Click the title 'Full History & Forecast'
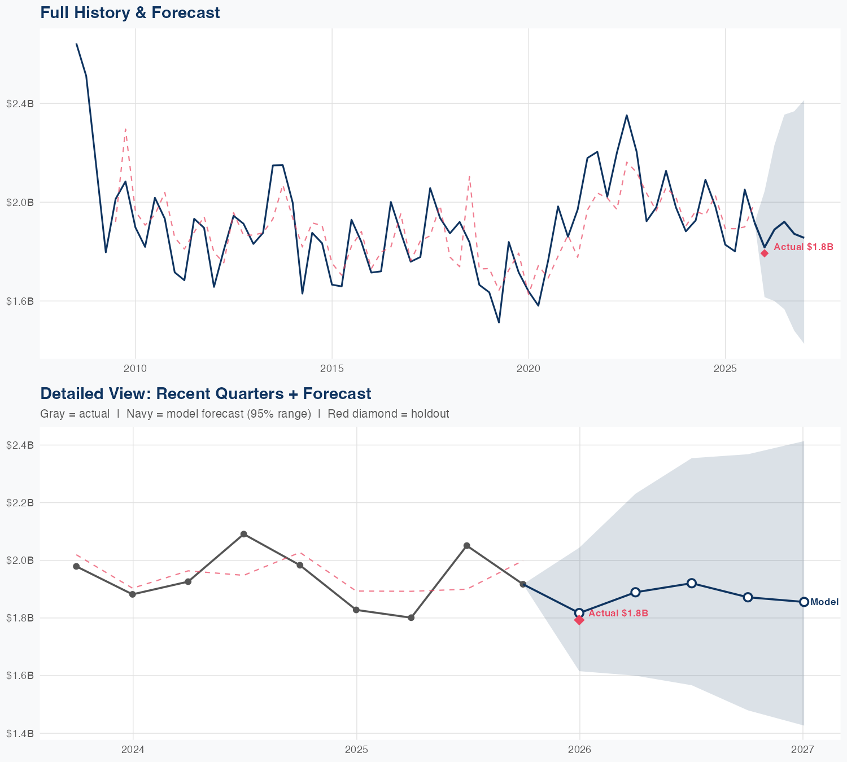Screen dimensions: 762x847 (130, 12)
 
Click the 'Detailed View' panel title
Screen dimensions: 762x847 (206, 393)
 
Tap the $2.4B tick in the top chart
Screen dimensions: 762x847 (20, 103)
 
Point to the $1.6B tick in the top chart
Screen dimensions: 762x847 (20, 301)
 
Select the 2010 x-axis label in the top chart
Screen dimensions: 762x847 (135, 369)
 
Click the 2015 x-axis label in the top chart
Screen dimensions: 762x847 (331, 369)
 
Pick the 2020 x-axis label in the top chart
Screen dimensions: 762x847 (529, 369)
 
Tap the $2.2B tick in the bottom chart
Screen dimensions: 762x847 (20, 502)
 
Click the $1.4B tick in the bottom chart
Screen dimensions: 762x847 (20, 733)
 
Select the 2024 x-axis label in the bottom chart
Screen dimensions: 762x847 (133, 750)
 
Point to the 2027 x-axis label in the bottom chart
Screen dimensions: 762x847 (802, 750)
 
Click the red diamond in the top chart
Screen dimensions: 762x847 (765, 253)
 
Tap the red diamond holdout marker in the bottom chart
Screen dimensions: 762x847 (579, 620)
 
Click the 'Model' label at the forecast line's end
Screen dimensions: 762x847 (824, 602)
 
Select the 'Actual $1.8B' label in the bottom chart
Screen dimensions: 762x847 (618, 613)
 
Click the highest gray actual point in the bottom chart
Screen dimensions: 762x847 (244, 534)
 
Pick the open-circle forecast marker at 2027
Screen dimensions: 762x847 (804, 602)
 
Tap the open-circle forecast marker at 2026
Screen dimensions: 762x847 (579, 613)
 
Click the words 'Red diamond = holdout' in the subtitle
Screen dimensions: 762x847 (388, 414)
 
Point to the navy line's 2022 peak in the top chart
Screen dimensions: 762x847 (626, 116)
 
